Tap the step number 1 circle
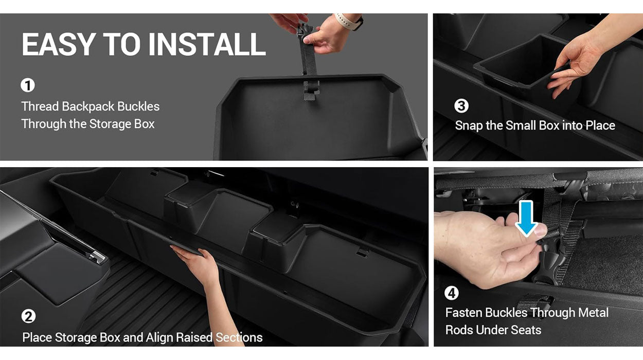(28, 85)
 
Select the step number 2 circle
(28, 317)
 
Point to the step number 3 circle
(461, 106)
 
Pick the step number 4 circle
(452, 293)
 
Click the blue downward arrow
(526, 219)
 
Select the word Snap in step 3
(469, 125)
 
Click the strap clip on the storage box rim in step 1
(311, 90)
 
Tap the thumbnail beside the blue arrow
(540, 230)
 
